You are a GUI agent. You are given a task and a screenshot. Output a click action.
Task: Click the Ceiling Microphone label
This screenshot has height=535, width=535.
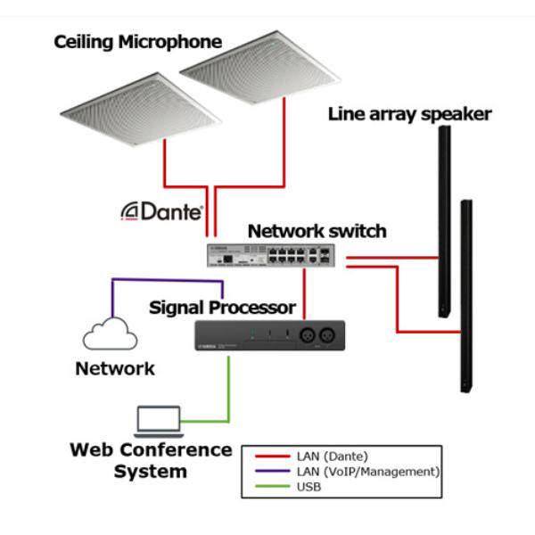tap(137, 42)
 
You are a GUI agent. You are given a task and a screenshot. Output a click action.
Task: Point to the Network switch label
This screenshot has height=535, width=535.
tap(317, 232)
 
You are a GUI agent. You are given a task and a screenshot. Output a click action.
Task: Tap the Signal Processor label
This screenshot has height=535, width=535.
tap(222, 308)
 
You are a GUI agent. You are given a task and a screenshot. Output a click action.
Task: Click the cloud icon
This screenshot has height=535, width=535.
tap(110, 334)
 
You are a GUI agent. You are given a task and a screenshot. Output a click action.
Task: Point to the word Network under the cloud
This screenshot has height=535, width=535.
tap(115, 368)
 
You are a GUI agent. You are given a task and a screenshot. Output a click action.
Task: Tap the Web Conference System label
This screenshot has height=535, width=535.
tap(151, 460)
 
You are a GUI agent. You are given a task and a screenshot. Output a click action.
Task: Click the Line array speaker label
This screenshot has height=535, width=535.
tap(409, 114)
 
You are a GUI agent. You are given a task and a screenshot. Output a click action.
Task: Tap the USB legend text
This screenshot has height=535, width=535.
tap(309, 487)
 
